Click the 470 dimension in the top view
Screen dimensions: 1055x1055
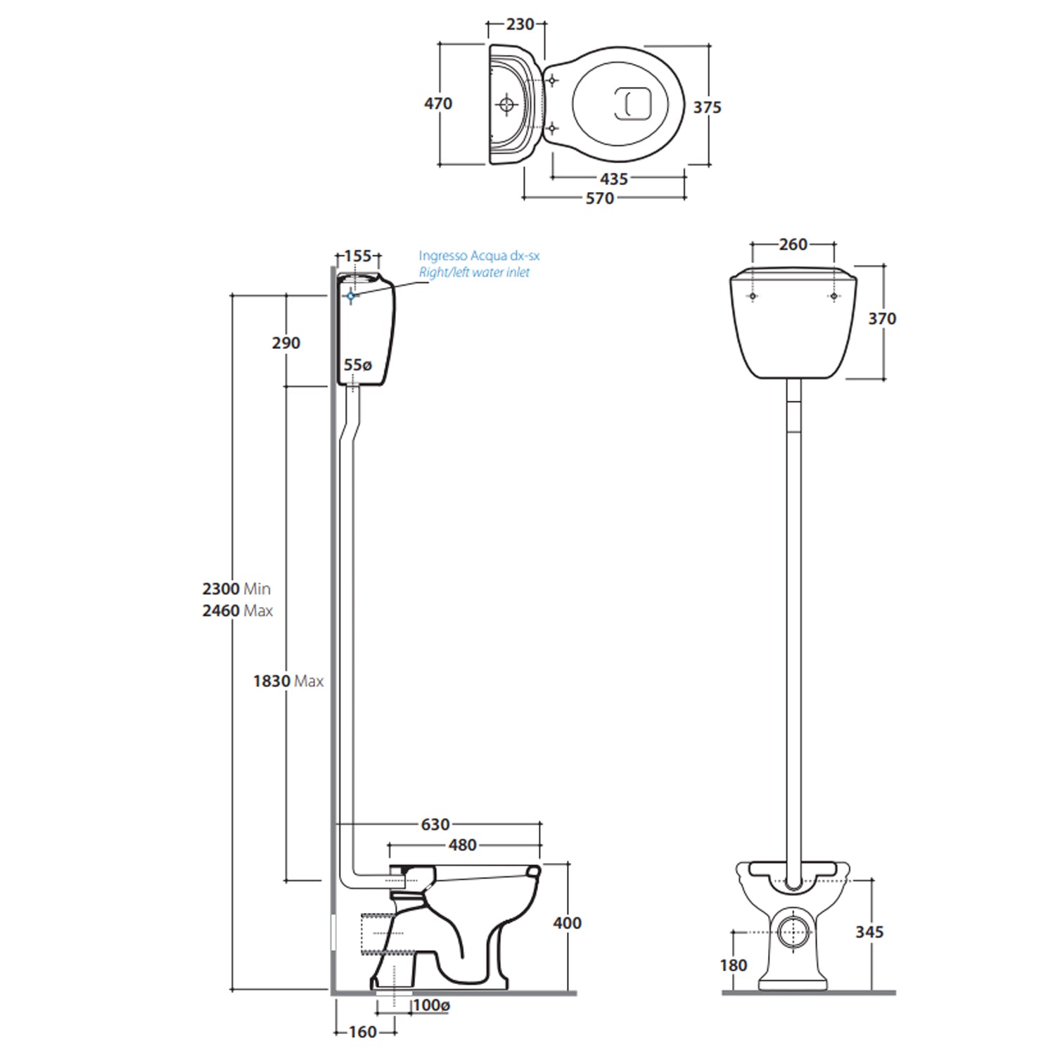point(437,104)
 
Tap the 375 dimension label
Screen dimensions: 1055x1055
point(707,108)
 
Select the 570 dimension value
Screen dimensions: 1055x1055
point(600,199)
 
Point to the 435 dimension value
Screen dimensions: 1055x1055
point(614,180)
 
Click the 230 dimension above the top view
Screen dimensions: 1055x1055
point(520,25)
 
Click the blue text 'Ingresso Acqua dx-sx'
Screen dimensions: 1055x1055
point(479,256)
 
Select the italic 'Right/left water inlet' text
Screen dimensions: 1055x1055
point(474,272)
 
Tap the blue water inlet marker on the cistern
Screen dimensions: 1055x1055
point(351,296)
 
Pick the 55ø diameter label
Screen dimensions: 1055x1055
point(357,365)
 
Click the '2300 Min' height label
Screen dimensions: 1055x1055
point(236,589)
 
